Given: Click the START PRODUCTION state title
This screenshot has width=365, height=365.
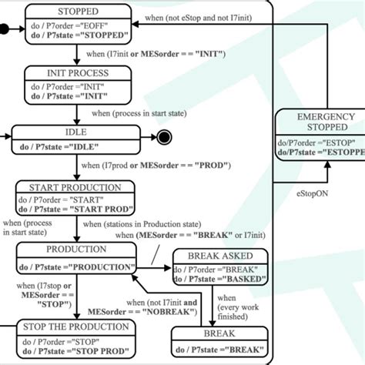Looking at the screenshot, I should (75, 187).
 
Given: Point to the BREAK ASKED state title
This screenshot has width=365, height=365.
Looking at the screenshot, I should (220, 255).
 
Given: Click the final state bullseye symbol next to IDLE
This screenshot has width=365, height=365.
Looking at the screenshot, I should (162, 139).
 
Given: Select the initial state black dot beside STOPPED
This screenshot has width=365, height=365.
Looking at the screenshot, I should (5, 30).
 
